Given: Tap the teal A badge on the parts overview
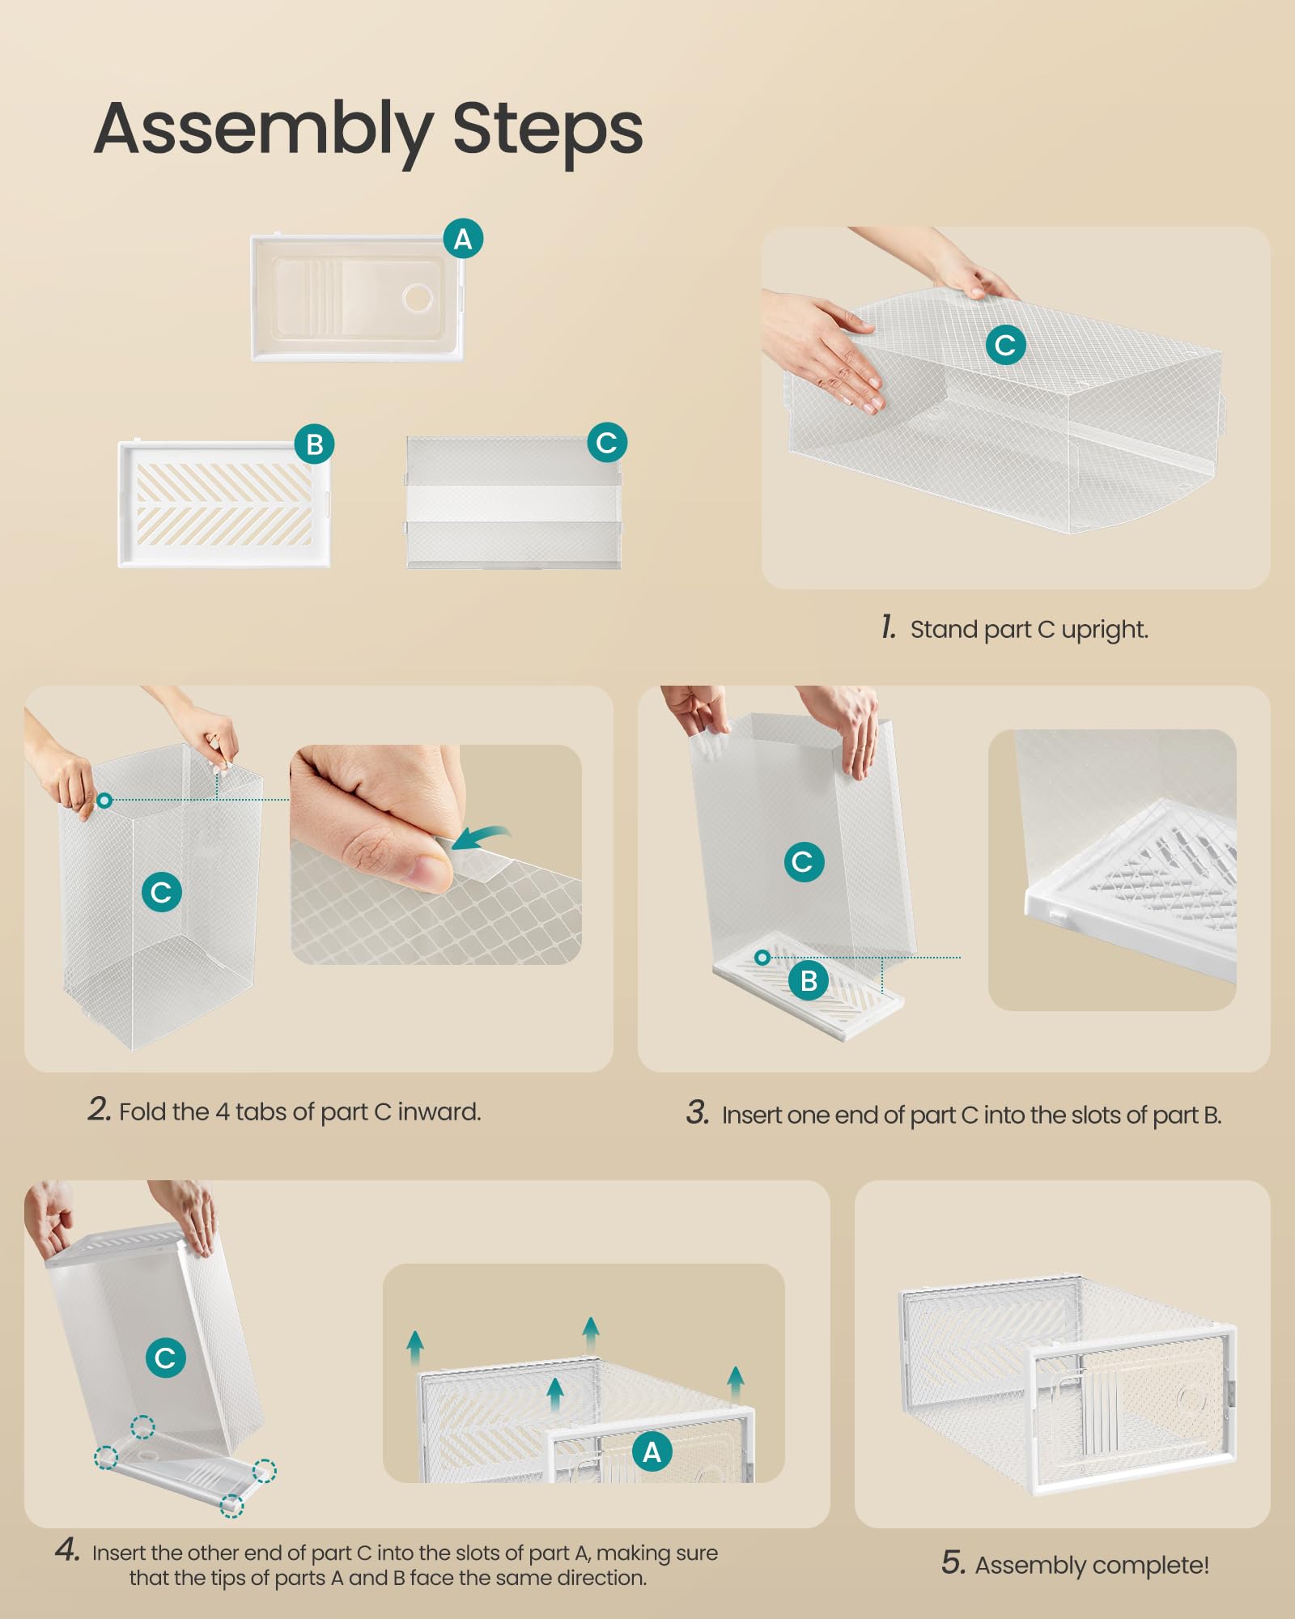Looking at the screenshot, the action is (x=463, y=239).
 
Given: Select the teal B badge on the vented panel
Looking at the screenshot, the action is (x=314, y=444).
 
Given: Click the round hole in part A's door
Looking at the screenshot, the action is (x=418, y=298).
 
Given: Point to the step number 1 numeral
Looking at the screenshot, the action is (x=888, y=627).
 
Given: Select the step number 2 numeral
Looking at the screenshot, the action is (x=100, y=1109).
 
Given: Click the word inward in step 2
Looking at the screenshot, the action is (x=439, y=1111).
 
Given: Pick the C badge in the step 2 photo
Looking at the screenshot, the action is (x=162, y=892).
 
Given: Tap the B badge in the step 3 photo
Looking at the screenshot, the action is (x=809, y=981).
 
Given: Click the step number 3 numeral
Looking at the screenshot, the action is (x=698, y=1113).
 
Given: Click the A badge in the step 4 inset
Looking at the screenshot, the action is (x=652, y=1452).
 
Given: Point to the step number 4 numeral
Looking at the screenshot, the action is (x=67, y=1550).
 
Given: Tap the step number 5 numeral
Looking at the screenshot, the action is (x=953, y=1563).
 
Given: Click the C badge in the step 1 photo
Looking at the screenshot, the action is (x=1006, y=345).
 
